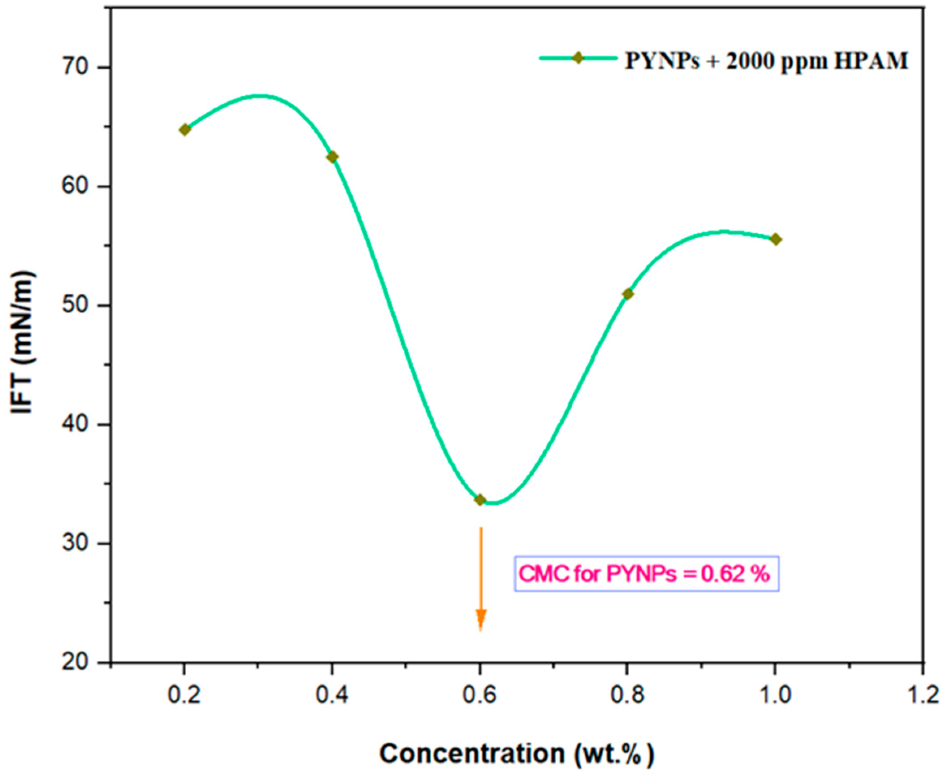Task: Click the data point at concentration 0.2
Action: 185,130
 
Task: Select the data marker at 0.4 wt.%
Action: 332,157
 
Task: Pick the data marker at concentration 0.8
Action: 628,294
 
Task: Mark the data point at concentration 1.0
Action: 776,239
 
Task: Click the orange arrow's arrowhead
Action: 481,621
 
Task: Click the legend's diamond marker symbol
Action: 579,58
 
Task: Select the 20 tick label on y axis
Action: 79,663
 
